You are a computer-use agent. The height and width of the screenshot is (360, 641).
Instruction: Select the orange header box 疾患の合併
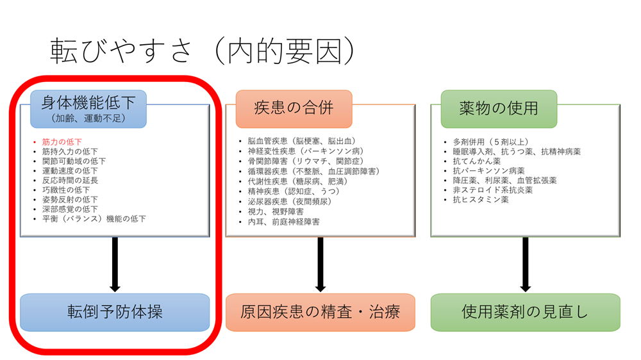(294, 108)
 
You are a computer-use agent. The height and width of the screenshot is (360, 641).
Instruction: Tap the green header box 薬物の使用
(499, 108)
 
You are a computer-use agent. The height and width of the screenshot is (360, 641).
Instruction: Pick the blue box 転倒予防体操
(115, 312)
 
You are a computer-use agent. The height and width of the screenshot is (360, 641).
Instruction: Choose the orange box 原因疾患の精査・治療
(320, 312)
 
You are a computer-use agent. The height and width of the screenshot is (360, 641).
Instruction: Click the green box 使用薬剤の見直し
(525, 312)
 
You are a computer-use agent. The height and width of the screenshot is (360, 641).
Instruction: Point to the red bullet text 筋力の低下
(62, 142)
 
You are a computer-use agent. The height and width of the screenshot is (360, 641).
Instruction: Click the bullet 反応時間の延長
(70, 180)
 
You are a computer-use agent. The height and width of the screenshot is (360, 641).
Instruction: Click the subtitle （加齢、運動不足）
(88, 119)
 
